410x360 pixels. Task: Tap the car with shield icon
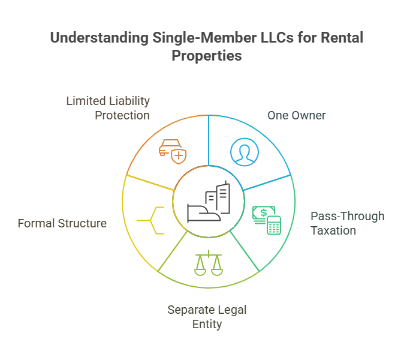click(171, 151)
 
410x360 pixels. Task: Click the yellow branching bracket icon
click(150, 220)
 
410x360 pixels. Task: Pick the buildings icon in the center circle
click(209, 203)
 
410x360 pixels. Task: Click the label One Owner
click(296, 115)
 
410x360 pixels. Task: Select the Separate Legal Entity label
click(207, 317)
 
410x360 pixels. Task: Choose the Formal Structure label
click(62, 223)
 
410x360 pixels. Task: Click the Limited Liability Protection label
click(108, 108)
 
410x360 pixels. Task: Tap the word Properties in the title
click(207, 56)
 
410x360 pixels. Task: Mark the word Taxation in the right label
click(334, 230)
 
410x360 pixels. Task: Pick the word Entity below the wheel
click(207, 325)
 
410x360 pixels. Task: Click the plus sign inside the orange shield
click(179, 156)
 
